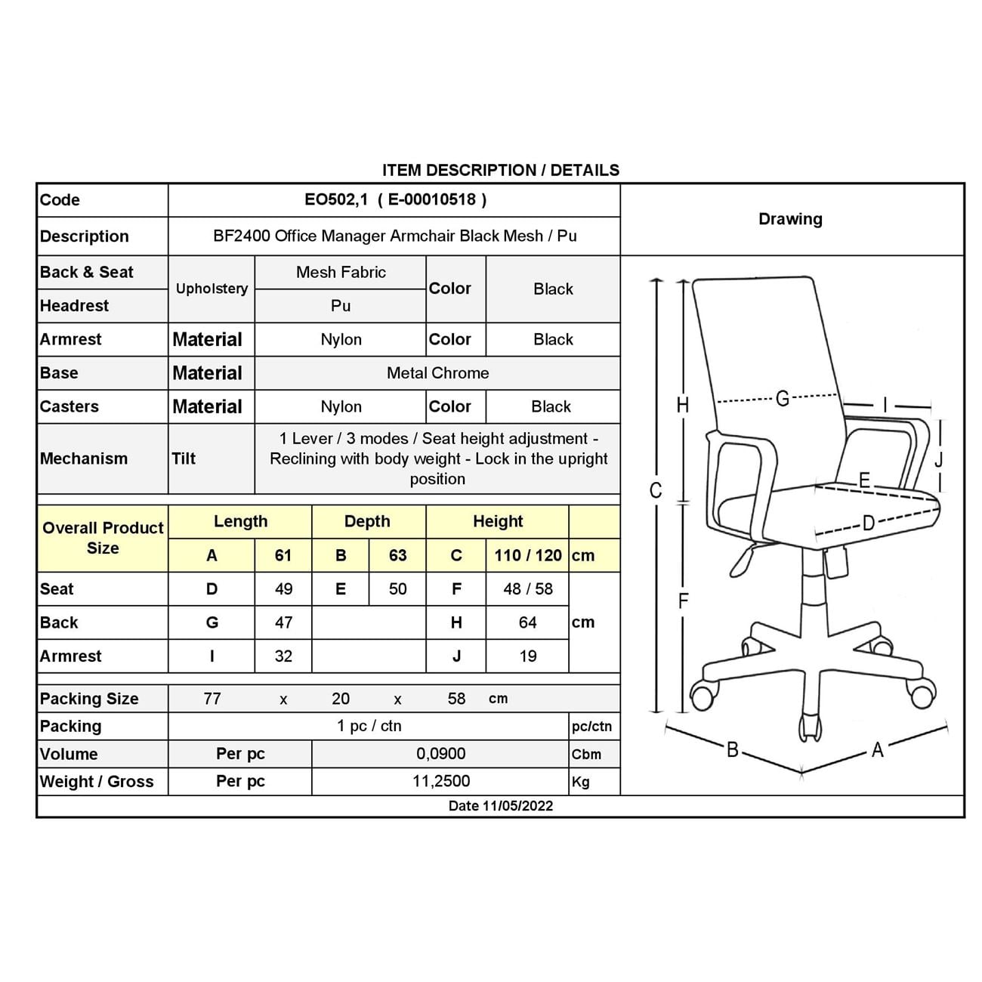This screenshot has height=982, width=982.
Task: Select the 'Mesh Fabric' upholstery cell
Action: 341,272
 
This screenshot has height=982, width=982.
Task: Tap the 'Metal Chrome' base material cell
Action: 437,372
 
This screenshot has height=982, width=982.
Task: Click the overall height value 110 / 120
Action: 527,555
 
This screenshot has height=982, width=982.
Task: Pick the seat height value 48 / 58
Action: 527,588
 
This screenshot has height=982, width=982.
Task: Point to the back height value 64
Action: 527,622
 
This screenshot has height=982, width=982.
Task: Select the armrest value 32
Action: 283,656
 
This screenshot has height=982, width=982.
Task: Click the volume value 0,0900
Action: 440,753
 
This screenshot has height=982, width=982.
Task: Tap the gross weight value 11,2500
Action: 440,781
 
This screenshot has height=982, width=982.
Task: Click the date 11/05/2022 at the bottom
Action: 500,805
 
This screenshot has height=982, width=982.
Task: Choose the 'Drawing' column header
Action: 790,219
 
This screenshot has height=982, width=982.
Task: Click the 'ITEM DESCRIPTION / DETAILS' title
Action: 500,170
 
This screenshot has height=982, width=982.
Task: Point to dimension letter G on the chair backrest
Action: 783,398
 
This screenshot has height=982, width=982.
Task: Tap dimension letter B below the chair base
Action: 732,750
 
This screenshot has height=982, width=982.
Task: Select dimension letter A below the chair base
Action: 877,750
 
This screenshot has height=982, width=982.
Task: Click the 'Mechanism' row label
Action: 84,459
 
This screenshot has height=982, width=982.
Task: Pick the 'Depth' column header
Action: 367,521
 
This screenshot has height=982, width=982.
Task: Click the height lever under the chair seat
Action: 742,560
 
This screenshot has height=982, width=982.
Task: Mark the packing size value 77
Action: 212,698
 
